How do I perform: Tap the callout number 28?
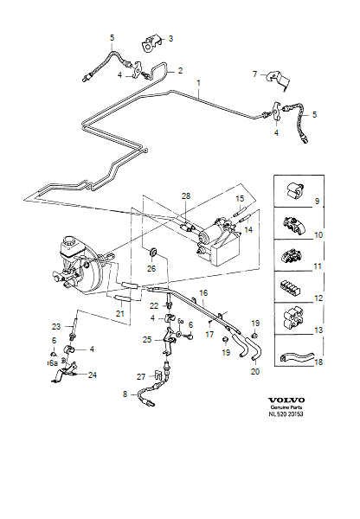184,197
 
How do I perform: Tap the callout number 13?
317,330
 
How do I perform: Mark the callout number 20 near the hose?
254,371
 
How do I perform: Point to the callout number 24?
92,375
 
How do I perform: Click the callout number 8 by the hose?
125,394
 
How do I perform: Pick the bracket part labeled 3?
152,38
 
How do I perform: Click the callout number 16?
203,293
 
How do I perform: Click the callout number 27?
139,377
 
